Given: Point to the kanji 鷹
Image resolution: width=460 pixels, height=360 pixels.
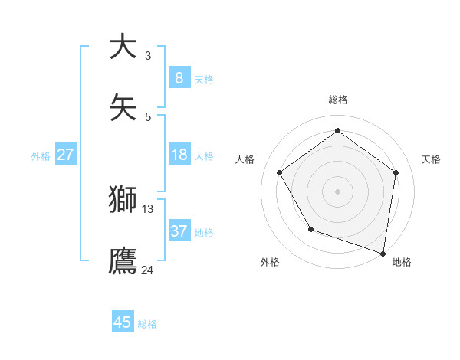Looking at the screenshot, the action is point(123,260).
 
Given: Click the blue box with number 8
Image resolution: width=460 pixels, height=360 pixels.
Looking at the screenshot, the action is point(179,77).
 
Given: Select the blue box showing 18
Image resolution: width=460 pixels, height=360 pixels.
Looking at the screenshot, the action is point(179,155).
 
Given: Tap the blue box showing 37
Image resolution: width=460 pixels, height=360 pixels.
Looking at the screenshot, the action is point(179,231).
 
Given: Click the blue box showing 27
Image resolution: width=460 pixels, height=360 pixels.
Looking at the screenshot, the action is point(65,155).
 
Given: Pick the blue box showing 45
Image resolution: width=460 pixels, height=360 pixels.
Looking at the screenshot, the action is point(123,322).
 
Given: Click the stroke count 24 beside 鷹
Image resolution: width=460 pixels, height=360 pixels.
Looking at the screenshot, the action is point(148,269).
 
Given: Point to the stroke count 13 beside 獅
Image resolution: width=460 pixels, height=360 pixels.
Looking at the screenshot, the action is point(148,208).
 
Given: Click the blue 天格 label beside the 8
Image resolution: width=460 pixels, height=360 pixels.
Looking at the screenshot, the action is point(204,79).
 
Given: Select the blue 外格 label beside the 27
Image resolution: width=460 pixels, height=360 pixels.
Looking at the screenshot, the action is point(41,155).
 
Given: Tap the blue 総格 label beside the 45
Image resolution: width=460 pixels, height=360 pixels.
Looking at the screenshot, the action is point(147,324).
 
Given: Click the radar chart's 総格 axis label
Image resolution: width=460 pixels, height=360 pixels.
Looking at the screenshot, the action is point(338,100).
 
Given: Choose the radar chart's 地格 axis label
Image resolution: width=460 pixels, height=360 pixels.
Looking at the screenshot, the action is point(402,262).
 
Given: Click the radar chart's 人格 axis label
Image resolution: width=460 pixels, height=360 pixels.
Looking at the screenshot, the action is point(245,159).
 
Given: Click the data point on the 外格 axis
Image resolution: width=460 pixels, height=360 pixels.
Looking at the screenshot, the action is point(310,229).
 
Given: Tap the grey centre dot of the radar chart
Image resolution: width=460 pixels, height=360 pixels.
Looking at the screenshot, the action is point(338,191).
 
